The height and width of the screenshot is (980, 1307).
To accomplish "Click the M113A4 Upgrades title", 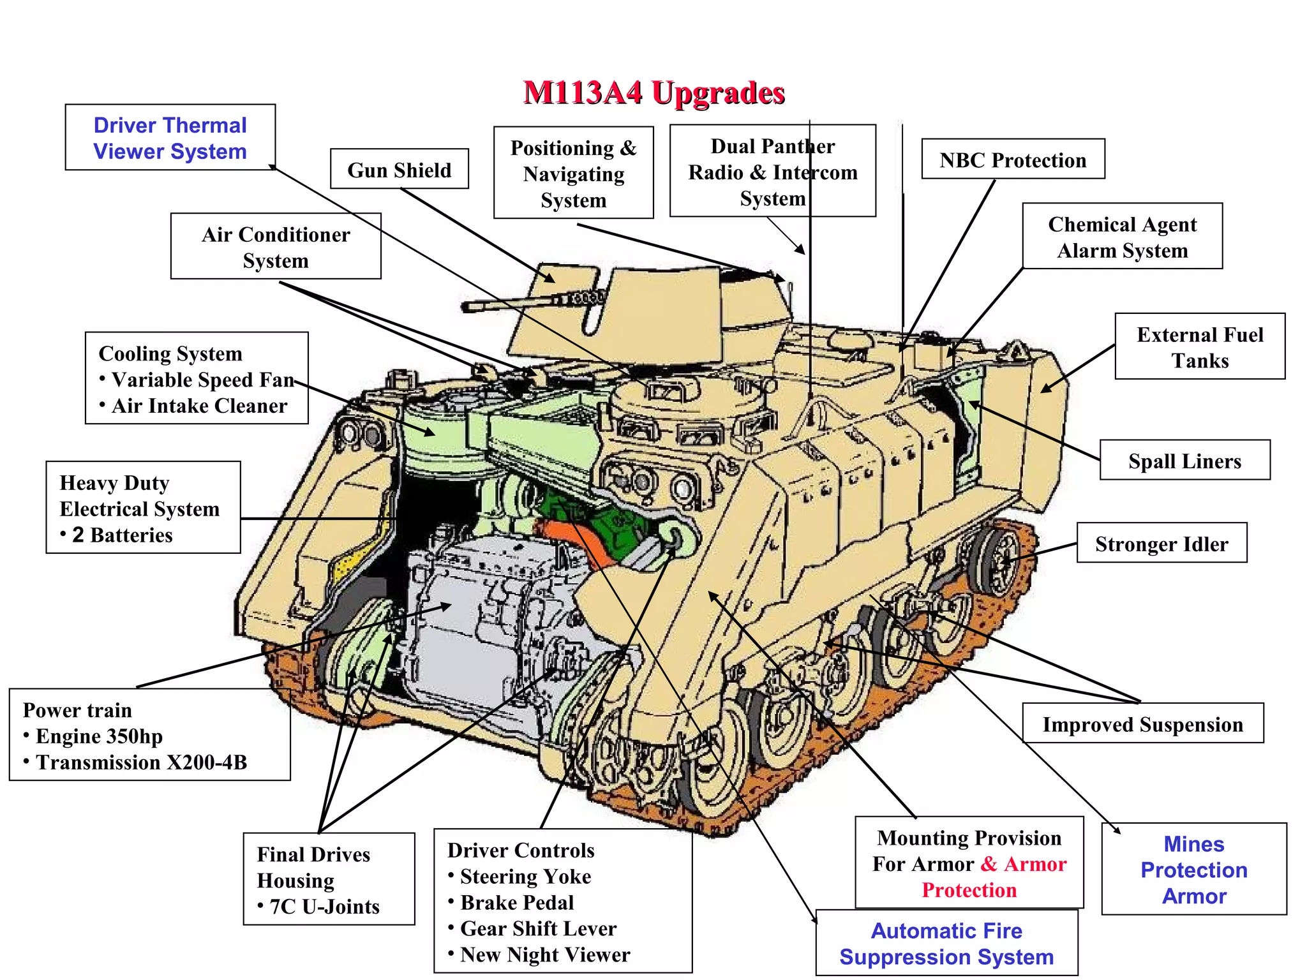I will click(x=653, y=93).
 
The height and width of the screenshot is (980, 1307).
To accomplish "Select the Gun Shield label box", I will click(x=399, y=170).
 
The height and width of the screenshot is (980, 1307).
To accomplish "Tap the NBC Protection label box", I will click(x=1013, y=160).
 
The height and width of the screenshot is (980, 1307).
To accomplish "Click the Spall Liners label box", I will click(x=1184, y=461).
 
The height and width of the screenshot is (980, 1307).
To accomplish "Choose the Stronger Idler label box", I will click(x=1161, y=544).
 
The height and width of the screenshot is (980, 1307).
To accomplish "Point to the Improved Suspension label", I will click(x=1142, y=724).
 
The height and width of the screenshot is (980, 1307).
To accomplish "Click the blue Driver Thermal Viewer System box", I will click(x=170, y=138).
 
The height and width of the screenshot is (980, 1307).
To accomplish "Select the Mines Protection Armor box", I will click(x=1193, y=870).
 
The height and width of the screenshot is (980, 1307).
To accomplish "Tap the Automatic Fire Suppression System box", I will click(x=946, y=944).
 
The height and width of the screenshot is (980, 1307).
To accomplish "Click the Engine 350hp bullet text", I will click(x=99, y=736).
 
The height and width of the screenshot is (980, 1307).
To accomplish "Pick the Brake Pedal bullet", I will click(x=517, y=902).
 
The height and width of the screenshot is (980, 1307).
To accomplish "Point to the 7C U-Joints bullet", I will click(x=324, y=907).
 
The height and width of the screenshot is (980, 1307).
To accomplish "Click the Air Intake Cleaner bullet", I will click(x=199, y=406).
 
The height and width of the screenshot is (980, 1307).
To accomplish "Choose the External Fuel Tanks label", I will click(x=1200, y=347).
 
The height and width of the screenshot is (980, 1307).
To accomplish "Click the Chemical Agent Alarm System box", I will click(x=1122, y=237).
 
